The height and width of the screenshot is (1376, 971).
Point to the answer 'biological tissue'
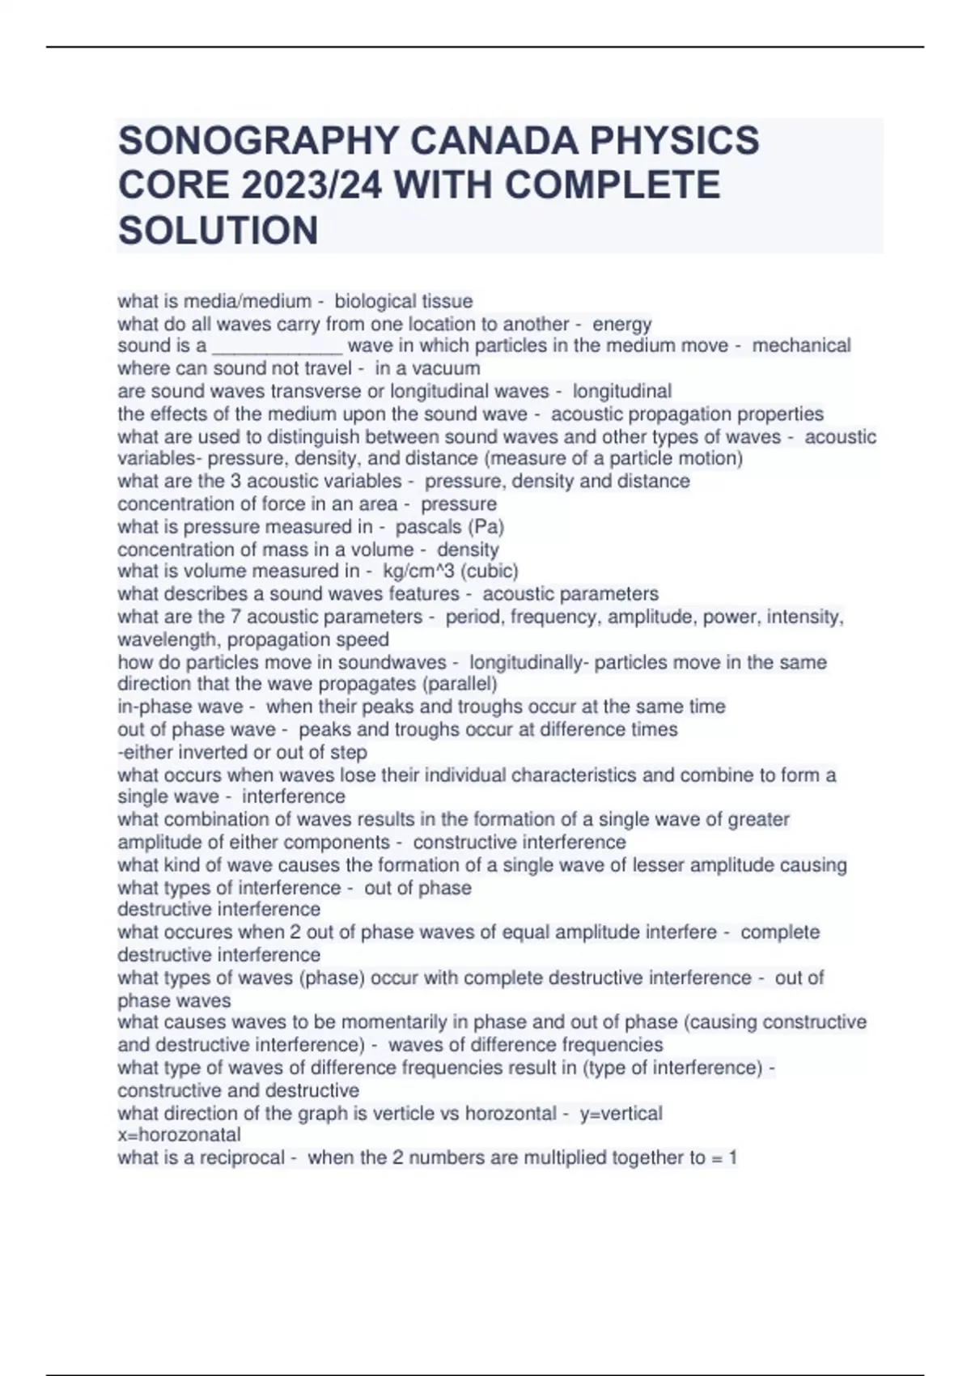click(x=404, y=301)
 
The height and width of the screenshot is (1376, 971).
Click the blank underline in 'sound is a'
click(x=277, y=346)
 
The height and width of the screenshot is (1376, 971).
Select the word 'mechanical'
click(x=801, y=346)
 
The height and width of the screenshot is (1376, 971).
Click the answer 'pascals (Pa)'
click(x=450, y=527)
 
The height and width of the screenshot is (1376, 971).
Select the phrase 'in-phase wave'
click(x=180, y=707)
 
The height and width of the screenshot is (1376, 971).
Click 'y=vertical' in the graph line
click(x=621, y=1114)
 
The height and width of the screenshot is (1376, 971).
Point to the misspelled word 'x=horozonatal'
click(x=179, y=1135)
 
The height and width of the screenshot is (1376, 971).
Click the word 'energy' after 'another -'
click(x=622, y=324)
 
